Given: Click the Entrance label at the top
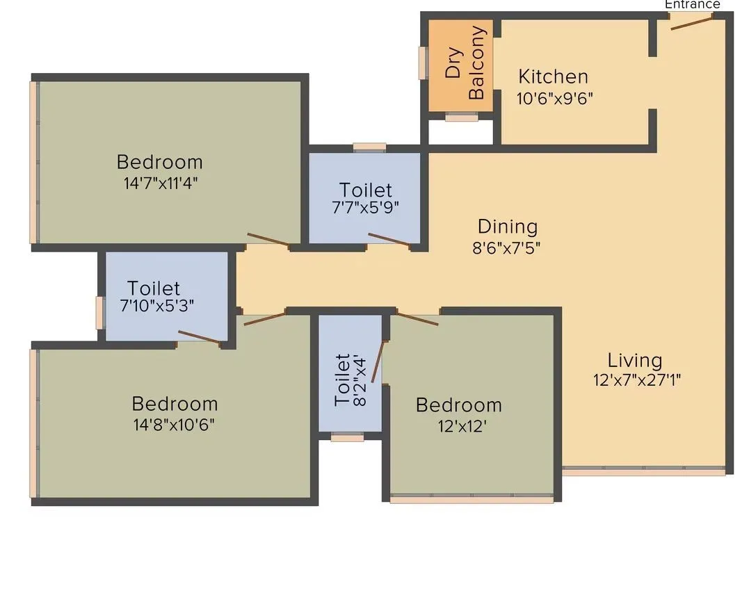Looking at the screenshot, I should pyautogui.click(x=692, y=4).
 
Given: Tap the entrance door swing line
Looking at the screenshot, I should pyautogui.click(x=691, y=22).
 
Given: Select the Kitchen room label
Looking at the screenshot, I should pyautogui.click(x=553, y=76).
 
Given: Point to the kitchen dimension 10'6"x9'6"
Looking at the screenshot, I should pyautogui.click(x=554, y=98).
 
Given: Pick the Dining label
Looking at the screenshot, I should pyautogui.click(x=508, y=227).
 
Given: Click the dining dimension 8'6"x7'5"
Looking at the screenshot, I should pyautogui.click(x=507, y=247).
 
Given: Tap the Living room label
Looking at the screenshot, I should pyautogui.click(x=634, y=360).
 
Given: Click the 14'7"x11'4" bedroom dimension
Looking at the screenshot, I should pyautogui.click(x=159, y=183).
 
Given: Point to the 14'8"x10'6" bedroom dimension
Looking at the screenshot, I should pyautogui.click(x=174, y=424).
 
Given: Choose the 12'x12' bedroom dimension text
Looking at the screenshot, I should pyautogui.click(x=458, y=425).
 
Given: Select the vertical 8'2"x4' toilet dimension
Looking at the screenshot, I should pyautogui.click(x=360, y=380).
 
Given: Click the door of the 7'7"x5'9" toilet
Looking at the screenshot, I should pyautogui.click(x=389, y=240).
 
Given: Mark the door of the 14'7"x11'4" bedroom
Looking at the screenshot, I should pyautogui.click(x=268, y=240).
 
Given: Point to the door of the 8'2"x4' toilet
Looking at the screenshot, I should pyautogui.click(x=378, y=361).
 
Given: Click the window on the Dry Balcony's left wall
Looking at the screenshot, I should pyautogui.click(x=421, y=63).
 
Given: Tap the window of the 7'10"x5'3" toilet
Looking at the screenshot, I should pyautogui.click(x=100, y=311).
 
